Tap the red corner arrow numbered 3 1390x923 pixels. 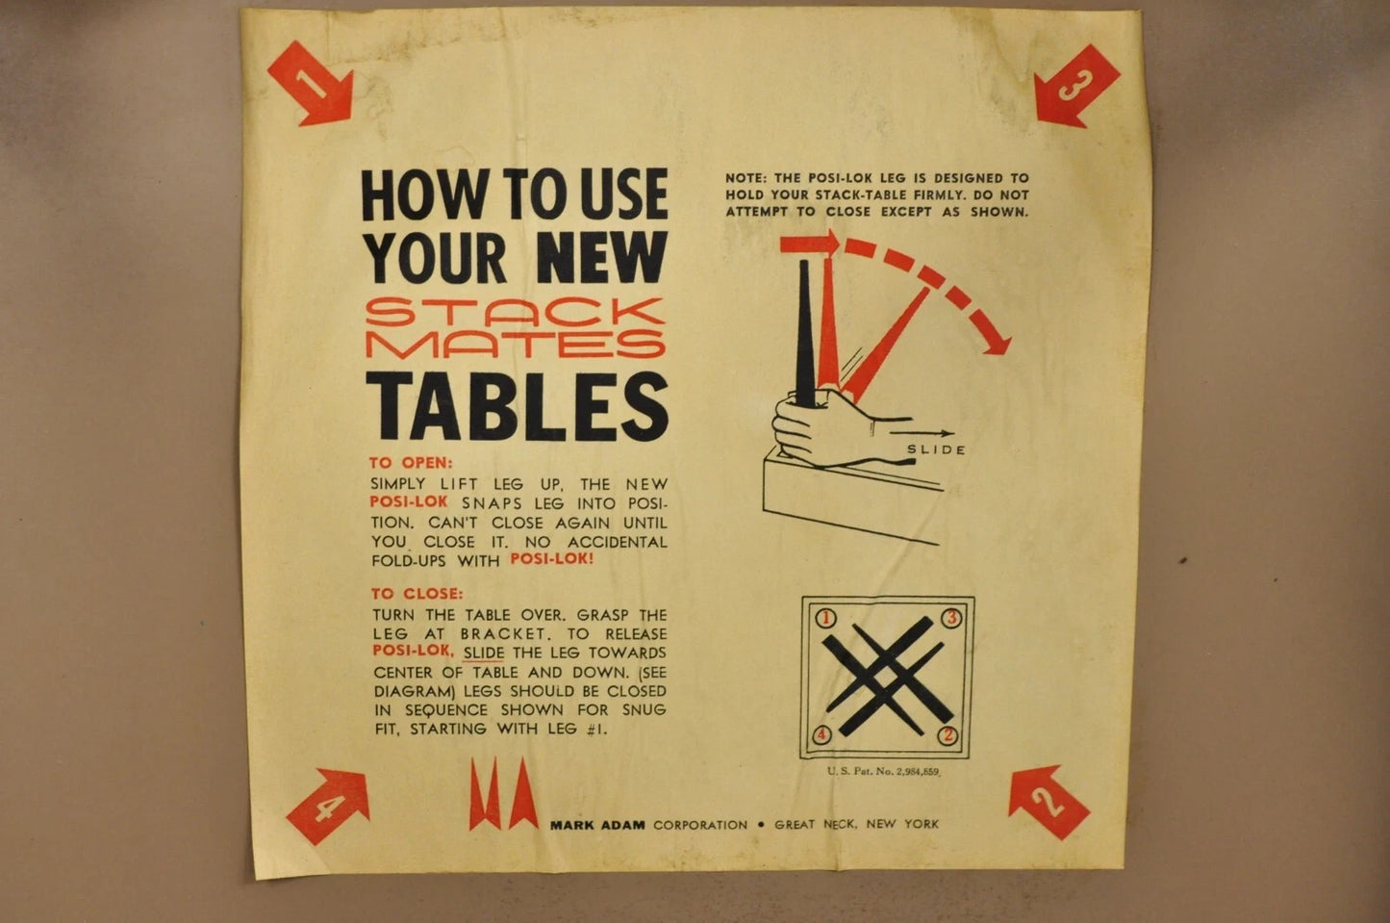pos(1076,86)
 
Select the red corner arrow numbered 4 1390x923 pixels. pos(329,806)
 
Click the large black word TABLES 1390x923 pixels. pos(517,406)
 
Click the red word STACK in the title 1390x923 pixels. pos(517,312)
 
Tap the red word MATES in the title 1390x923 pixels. pos(517,343)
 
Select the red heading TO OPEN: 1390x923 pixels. pos(411,463)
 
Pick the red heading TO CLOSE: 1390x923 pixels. pos(417,594)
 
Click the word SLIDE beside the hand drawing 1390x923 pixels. pos(936,449)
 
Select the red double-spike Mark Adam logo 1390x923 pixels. pos(503,794)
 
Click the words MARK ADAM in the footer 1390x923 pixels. pos(598,825)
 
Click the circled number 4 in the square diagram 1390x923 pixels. pos(822,736)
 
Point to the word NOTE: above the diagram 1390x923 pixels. pos(747,178)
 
